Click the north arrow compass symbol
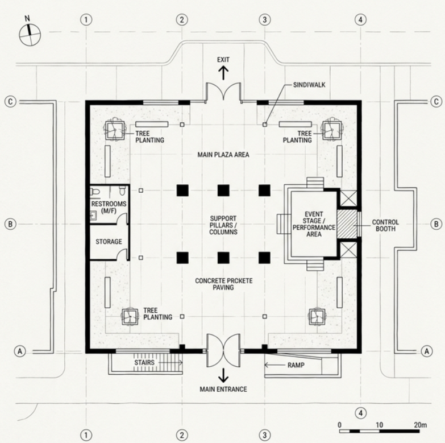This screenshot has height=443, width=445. [30, 35]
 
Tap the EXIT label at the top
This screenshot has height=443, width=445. [223, 59]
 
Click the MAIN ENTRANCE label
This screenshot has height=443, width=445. [223, 390]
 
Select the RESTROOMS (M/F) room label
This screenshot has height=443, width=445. [109, 208]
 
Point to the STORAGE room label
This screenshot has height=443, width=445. [109, 242]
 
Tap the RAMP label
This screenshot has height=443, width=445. [296, 365]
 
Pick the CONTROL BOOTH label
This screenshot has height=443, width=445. [386, 225]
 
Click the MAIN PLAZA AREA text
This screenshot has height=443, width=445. [223, 155]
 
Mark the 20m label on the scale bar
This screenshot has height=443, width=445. [421, 425]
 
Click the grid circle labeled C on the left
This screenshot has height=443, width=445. [10, 102]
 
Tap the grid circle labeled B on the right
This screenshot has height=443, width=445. [436, 224]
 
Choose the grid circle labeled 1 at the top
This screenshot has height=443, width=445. [86, 20]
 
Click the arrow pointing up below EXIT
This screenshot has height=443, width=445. [223, 72]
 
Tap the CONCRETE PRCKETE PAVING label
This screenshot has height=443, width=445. [223, 284]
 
